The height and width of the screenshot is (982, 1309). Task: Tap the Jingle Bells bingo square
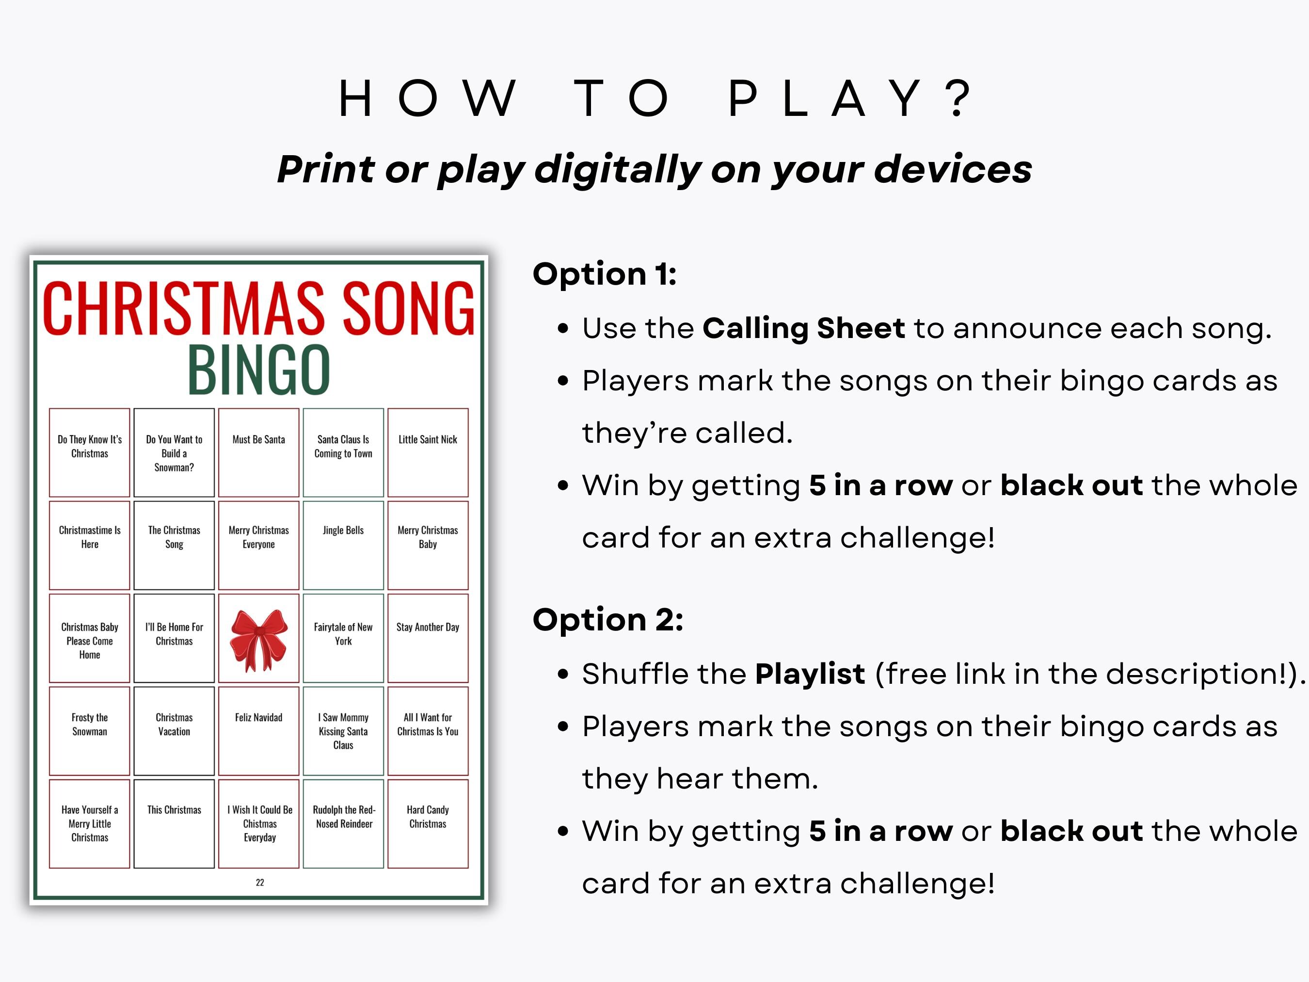click(343, 545)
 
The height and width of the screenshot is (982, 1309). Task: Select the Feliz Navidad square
click(258, 730)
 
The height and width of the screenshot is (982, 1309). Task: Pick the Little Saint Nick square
click(428, 452)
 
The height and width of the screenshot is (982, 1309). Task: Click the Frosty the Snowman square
click(89, 730)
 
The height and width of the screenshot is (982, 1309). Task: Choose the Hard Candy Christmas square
click(428, 823)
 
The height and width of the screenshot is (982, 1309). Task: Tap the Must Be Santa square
click(258, 452)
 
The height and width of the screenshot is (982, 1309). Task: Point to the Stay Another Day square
click(428, 638)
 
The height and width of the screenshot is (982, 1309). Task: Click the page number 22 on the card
click(260, 883)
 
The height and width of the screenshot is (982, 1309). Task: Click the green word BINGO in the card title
click(258, 370)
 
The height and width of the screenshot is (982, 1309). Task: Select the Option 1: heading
click(604, 274)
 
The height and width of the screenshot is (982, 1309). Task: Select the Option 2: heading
click(608, 620)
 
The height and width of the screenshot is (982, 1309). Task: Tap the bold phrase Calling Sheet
click(804, 328)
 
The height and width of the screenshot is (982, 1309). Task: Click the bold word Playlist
click(810, 674)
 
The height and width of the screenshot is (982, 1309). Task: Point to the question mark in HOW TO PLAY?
click(958, 97)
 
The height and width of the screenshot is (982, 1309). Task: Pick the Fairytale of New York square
click(343, 638)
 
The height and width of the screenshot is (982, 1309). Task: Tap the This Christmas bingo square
click(174, 823)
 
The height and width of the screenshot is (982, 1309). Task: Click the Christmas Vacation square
click(174, 730)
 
